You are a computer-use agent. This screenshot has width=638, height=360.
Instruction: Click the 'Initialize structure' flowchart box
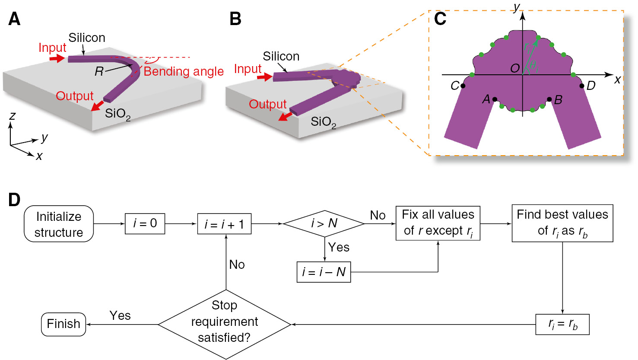[59, 224]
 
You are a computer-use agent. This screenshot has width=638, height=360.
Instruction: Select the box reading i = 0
[145, 223]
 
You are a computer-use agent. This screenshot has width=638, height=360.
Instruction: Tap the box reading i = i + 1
[224, 224]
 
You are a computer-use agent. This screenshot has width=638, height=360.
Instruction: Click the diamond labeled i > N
[324, 223]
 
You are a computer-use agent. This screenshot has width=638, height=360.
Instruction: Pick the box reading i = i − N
[324, 272]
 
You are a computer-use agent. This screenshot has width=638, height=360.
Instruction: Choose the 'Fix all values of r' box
[438, 223]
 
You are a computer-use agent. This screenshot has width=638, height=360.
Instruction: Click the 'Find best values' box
[562, 223]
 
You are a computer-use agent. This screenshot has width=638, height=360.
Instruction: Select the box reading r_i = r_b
[562, 324]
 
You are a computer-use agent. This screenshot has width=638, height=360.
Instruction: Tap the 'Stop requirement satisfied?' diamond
[224, 324]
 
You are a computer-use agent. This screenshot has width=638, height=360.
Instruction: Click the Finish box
[63, 324]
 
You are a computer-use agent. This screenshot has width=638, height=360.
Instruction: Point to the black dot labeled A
[495, 99]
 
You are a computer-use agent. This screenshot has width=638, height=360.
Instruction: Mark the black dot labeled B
[549, 99]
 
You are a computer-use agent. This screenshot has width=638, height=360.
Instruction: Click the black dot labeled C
[463, 86]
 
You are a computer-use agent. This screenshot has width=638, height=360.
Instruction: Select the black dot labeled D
[582, 86]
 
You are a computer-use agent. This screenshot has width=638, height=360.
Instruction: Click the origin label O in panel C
[515, 69]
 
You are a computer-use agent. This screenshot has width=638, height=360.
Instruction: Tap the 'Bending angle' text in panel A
[184, 71]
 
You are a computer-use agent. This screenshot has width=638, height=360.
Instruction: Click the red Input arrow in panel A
[57, 59]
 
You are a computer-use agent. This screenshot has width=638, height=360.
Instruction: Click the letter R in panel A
[99, 71]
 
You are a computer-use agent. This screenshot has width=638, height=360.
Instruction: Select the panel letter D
[14, 200]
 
